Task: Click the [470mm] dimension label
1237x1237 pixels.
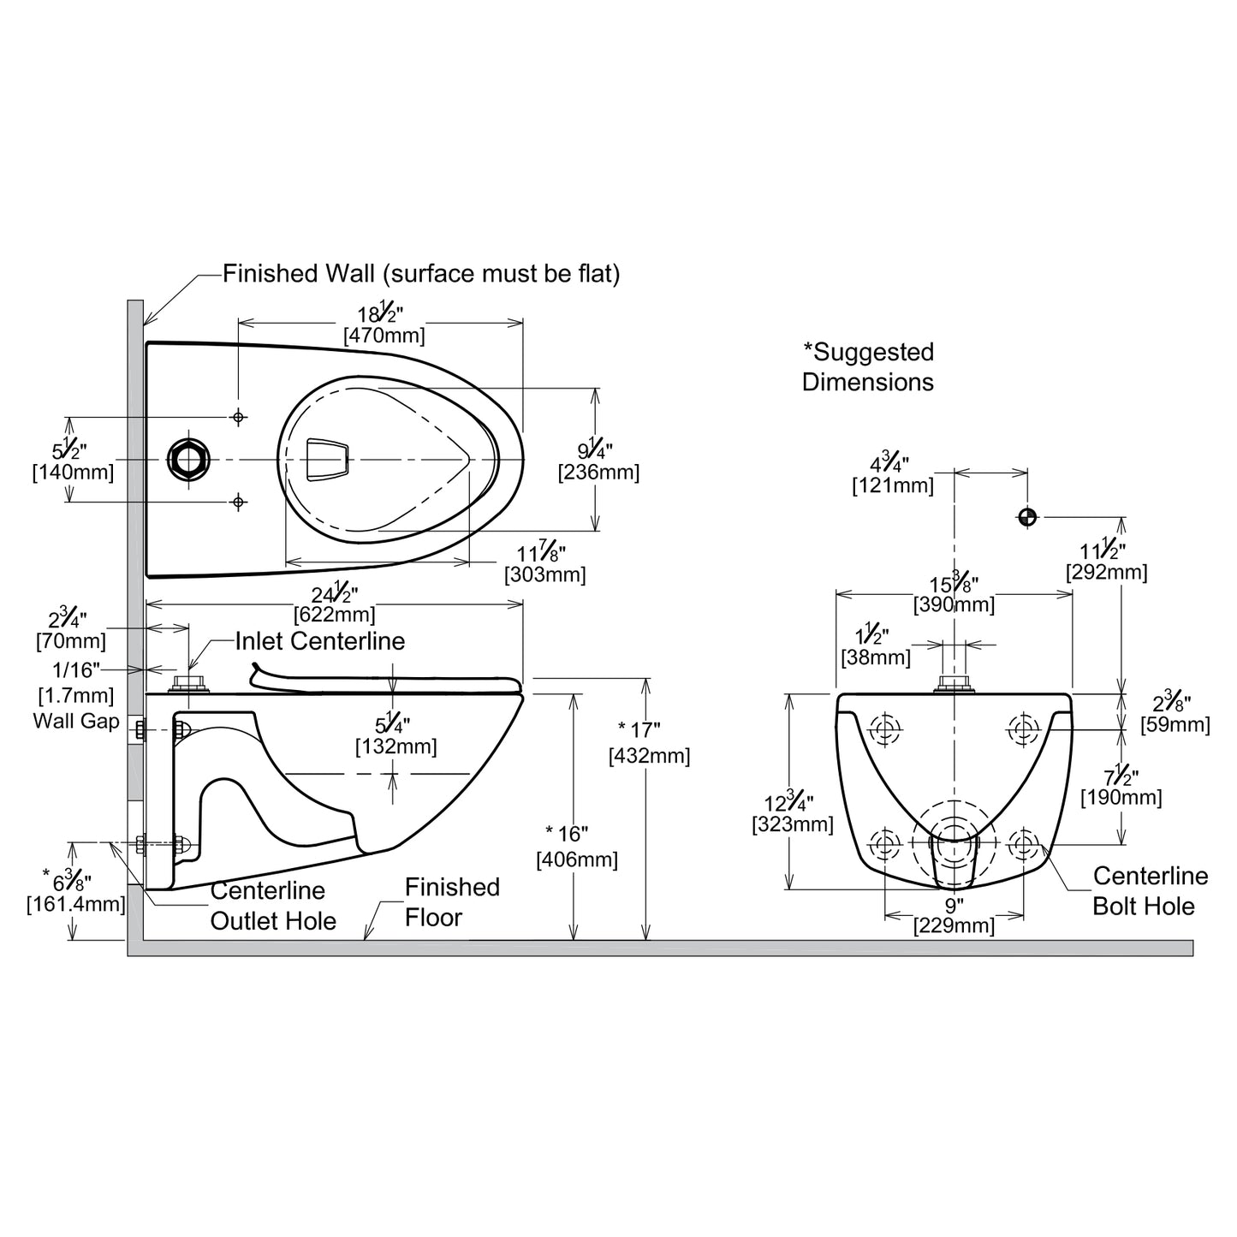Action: pyautogui.click(x=384, y=336)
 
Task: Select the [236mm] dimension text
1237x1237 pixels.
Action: pyautogui.click(x=598, y=472)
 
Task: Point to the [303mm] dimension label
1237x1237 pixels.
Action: pyautogui.click(x=545, y=574)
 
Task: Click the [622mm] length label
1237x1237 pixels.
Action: pyautogui.click(x=334, y=614)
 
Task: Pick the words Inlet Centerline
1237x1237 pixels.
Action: pyautogui.click(x=320, y=641)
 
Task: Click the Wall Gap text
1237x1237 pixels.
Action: pyautogui.click(x=76, y=721)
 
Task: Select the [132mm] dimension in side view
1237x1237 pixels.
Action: pyautogui.click(x=395, y=746)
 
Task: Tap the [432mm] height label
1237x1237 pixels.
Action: pyautogui.click(x=649, y=757)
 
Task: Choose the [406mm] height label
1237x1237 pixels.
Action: pyautogui.click(x=576, y=859)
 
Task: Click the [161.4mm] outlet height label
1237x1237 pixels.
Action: pyautogui.click(x=76, y=903)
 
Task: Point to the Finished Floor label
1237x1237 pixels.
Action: pyautogui.click(x=451, y=902)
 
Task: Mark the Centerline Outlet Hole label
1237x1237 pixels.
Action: pyautogui.click(x=272, y=906)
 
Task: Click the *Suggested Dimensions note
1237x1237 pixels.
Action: pyautogui.click(x=868, y=366)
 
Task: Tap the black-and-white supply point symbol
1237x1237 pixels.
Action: pyautogui.click(x=1027, y=517)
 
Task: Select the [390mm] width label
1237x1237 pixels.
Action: pyautogui.click(x=954, y=605)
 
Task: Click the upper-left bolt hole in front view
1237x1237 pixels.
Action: pyautogui.click(x=885, y=729)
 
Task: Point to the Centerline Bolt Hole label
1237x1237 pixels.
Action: pyautogui.click(x=1150, y=890)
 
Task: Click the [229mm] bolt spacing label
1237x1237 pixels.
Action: pyautogui.click(x=954, y=925)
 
